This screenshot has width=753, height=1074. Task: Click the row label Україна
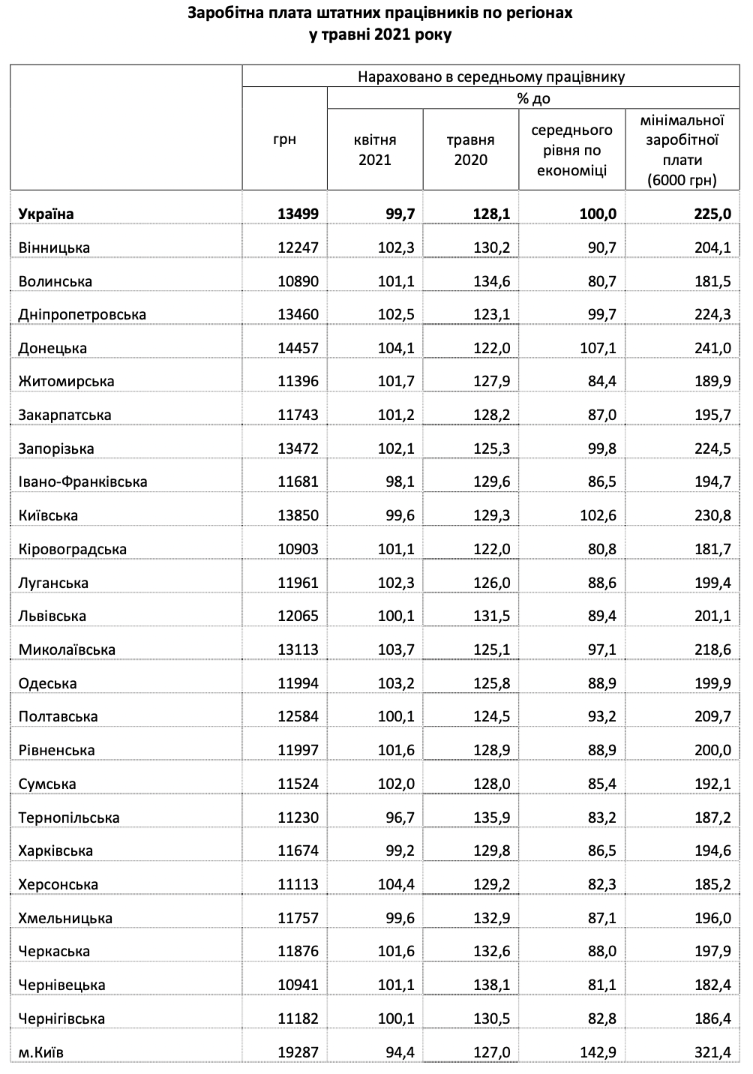coord(46,214)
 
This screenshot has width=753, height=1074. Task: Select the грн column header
coord(284,139)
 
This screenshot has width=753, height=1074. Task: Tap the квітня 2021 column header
coord(375,149)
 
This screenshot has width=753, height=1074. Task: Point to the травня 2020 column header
coord(470,149)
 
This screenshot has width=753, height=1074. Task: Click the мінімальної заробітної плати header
coord(682,149)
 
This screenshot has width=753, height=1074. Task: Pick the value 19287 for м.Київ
coord(298,1052)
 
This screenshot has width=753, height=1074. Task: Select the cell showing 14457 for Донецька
coord(298,348)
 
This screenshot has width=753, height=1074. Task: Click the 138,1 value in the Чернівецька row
coord(491,985)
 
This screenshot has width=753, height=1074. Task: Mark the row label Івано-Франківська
coord(82,481)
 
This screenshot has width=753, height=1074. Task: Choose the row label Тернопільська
coord(69,817)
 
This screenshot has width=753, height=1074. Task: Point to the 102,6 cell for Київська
coord(598,515)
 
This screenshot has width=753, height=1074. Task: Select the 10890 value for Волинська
coord(298,281)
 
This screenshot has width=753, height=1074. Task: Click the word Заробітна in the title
coord(221,13)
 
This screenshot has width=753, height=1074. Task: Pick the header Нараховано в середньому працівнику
coord(490,76)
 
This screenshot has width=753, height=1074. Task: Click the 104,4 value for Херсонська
coord(396,884)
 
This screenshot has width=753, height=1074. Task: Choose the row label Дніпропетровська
coord(82,314)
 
